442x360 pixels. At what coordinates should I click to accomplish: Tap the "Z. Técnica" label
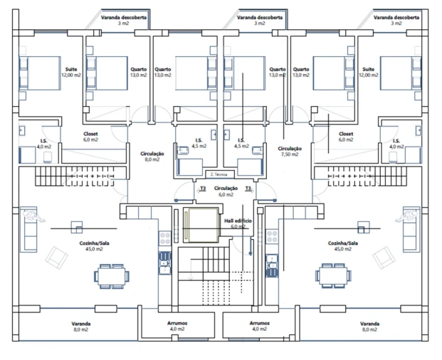219,174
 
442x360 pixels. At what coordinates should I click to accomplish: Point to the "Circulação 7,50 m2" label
290,152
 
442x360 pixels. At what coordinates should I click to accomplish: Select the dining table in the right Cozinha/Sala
330,274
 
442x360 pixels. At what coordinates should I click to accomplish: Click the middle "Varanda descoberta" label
259,19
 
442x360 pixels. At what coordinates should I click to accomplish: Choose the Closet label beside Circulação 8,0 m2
90,137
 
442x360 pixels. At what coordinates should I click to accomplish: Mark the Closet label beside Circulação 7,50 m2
346,137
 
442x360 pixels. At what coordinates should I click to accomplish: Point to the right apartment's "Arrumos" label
259,326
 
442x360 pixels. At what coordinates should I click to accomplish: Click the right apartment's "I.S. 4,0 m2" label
396,144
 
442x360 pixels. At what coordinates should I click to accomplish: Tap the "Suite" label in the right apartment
369,72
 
